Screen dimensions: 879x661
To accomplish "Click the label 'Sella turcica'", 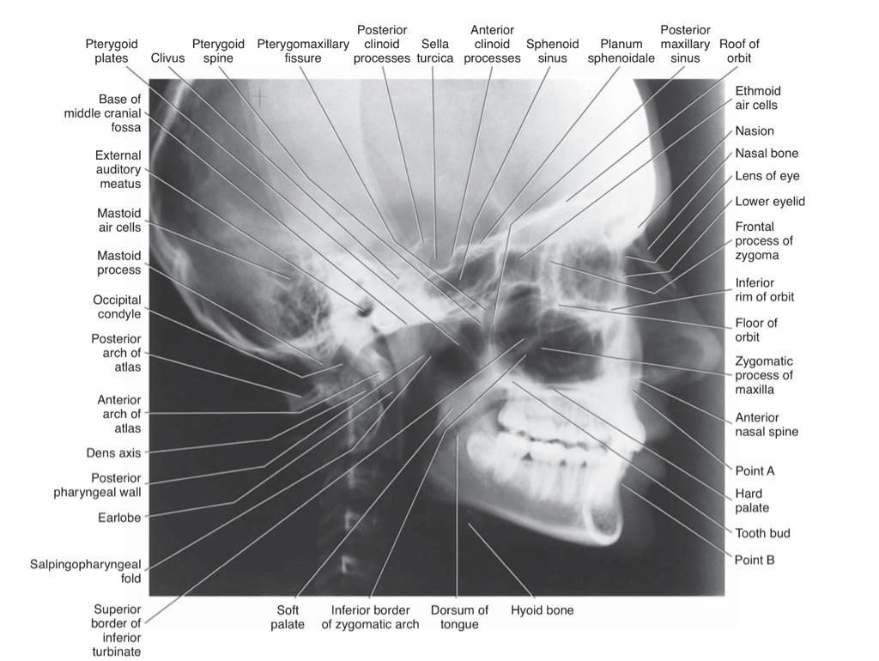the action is (434, 51).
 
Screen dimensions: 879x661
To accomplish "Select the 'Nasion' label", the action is (755, 131).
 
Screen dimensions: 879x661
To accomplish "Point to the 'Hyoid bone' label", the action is (542, 610).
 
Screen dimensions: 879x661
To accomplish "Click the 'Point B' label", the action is (755, 560).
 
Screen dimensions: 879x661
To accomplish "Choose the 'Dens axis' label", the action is (113, 452).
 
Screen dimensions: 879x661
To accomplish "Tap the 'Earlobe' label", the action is (119, 518).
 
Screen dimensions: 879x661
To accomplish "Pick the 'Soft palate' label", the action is (288, 617).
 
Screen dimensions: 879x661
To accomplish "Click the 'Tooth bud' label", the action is (762, 533).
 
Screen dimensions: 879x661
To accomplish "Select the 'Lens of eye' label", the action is (767, 176).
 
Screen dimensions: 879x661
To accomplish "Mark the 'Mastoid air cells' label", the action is (119, 220).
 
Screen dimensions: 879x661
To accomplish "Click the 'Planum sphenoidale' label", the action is (621, 51).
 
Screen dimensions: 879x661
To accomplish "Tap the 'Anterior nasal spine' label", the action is (767, 424).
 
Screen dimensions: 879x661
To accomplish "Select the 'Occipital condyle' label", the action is (117, 307).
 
